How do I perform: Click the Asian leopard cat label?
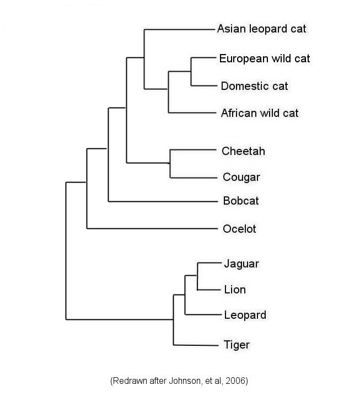262,29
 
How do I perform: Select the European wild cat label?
265,58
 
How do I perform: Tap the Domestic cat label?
254,86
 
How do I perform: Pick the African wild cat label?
260,113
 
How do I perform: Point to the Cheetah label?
243,151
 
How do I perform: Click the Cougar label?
241,177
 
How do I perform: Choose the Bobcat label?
241,201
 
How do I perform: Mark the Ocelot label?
240,228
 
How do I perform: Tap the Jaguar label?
241,264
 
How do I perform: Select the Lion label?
235,290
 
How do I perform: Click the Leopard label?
245,315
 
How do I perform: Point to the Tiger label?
237,345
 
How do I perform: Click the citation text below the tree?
180,381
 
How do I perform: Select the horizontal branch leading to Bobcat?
163,201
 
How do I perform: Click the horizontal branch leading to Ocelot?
152,228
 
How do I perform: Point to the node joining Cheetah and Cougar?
170,163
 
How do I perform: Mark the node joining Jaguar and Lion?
197,276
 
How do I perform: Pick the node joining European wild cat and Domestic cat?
191,71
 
